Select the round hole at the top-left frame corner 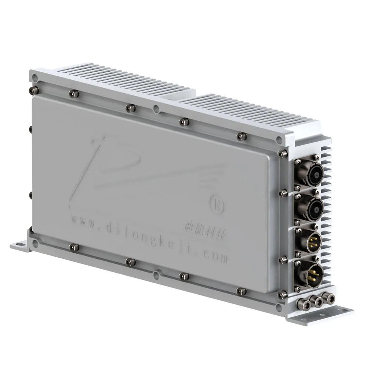point(34,77)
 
